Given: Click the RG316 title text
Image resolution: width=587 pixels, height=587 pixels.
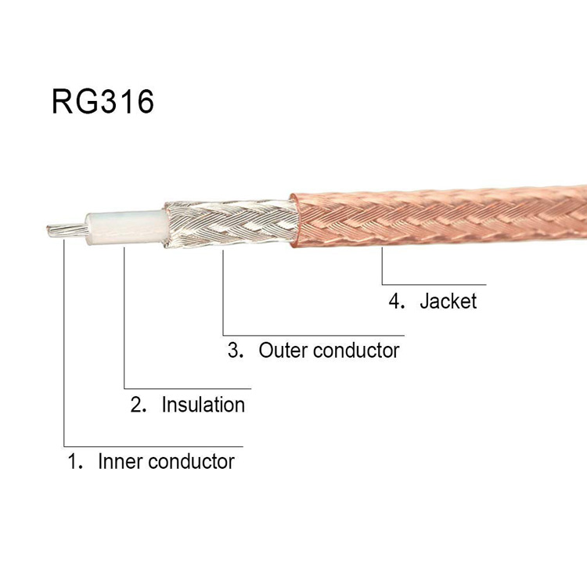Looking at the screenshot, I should coord(103,103).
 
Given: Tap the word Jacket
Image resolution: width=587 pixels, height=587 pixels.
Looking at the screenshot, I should coord(448,301).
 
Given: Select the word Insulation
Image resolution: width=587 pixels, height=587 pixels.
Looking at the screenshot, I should coord(203,405).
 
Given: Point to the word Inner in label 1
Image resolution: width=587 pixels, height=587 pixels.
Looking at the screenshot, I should coord(120,461).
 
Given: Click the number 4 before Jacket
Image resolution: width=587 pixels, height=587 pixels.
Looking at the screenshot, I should coord(395,301).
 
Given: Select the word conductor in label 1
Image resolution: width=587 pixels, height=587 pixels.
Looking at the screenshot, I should coord(191,461).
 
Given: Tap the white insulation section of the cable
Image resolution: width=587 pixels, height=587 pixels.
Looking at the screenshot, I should coord(125,225).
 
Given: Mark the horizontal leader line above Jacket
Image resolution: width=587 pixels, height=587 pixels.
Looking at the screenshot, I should coord(434,284).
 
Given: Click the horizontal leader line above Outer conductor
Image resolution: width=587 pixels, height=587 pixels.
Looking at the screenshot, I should coord(313,333).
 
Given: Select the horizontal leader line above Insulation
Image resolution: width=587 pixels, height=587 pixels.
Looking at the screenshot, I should coord(188,387).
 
